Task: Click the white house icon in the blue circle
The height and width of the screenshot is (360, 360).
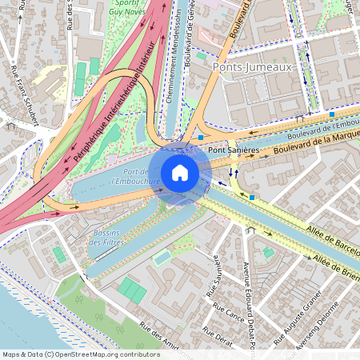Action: pos(180,172)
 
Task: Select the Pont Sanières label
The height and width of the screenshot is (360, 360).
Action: pos(233,150)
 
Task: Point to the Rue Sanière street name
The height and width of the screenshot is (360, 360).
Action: pos(217,282)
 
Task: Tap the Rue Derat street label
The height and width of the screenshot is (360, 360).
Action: pos(218,335)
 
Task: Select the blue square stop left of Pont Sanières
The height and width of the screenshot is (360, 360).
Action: pos(200,138)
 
